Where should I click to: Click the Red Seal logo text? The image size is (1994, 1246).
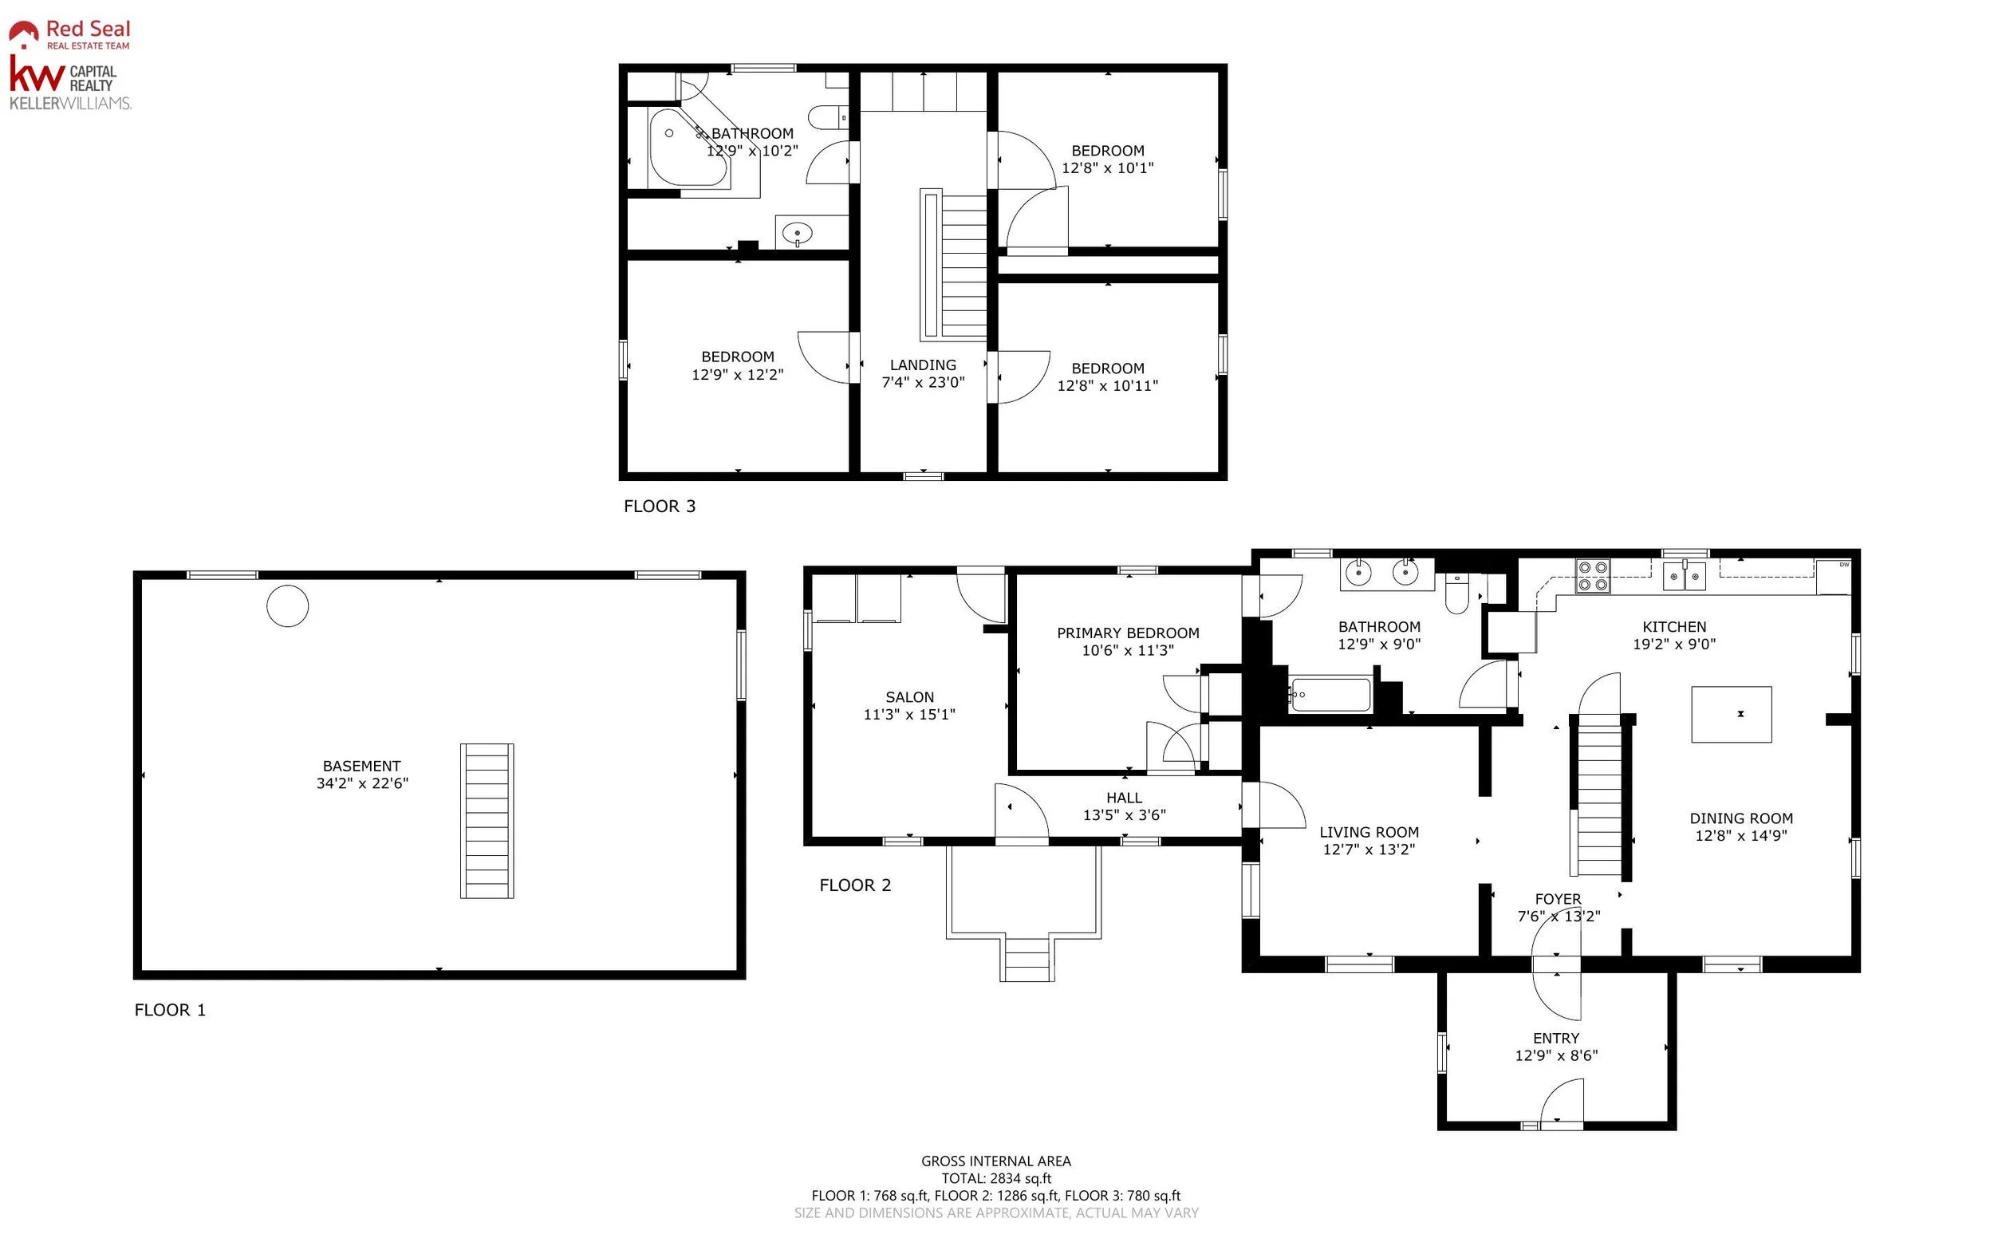point(88,29)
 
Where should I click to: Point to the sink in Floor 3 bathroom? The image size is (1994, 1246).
point(797,234)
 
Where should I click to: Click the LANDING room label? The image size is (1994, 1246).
point(923,365)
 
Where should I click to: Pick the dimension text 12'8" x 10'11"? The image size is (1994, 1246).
point(1107,385)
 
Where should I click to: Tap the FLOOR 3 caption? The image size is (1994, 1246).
point(659,506)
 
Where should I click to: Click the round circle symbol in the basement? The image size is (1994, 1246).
point(288,605)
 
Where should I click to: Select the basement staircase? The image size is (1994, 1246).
point(487,821)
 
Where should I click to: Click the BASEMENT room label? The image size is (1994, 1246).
point(362,767)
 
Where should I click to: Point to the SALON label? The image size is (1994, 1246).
point(909,697)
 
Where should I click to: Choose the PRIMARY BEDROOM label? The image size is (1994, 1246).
point(1128,633)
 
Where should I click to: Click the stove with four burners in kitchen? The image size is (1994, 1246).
point(1592,576)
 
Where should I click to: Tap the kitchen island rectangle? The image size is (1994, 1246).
point(1731,715)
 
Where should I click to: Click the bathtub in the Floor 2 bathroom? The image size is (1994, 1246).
point(1329,695)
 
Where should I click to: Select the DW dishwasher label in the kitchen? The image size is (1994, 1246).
point(1844,565)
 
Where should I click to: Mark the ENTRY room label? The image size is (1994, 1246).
point(1555,1039)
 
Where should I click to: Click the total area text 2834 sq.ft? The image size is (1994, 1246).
point(1021,1178)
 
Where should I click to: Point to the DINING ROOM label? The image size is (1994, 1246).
point(1741,818)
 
